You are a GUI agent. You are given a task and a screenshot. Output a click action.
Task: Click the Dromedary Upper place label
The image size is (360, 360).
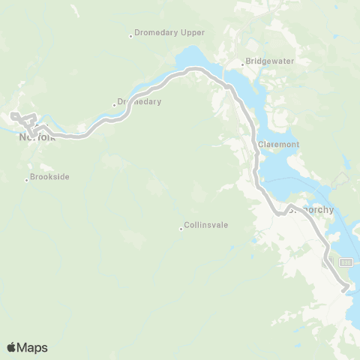[170, 34]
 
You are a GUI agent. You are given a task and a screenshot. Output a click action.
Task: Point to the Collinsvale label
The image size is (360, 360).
[206, 224]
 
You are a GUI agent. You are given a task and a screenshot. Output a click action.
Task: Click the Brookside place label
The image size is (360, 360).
[50, 177]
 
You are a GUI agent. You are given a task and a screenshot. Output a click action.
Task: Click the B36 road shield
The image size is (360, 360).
[346, 262]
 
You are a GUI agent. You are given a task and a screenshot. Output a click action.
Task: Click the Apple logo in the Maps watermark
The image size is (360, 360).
[12, 347]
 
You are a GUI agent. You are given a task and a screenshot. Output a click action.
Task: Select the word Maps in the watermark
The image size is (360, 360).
[33, 347]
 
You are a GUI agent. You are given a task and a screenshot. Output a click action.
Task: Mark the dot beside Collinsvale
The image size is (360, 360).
[181, 229]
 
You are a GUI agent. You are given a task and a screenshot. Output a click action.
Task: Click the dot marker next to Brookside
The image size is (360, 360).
[26, 179]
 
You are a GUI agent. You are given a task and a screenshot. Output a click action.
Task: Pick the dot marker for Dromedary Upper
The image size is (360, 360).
[130, 35]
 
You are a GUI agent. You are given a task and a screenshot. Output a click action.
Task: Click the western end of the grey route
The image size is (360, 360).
[13, 115]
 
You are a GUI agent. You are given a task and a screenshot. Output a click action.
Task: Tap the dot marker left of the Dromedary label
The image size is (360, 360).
[114, 104]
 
